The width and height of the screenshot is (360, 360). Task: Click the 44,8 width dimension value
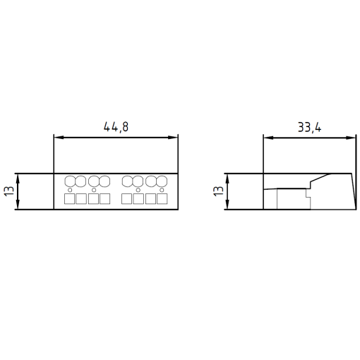click(116, 127)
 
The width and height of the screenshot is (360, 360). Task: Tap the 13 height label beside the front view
click(8, 191)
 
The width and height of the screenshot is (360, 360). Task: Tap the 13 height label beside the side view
click(218, 191)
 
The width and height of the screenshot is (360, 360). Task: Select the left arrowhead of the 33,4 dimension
click(267, 138)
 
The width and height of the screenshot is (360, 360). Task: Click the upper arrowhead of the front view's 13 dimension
click(18, 176)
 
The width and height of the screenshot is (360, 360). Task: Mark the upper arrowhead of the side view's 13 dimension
click(228, 176)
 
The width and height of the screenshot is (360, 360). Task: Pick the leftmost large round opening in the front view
click(69, 181)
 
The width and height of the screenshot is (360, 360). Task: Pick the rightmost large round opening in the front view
click(162, 181)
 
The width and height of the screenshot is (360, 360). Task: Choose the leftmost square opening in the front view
click(69, 199)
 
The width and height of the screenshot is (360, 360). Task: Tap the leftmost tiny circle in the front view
click(69, 190)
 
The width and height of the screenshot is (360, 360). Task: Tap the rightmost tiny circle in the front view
click(162, 190)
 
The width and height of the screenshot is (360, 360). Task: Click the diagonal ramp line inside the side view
click(319, 179)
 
